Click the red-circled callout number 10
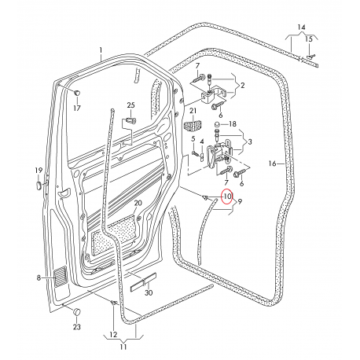click(227, 197)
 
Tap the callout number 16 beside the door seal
click(272, 163)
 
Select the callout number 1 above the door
click(101, 50)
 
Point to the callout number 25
click(131, 105)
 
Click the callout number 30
click(149, 292)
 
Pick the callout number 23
click(77, 327)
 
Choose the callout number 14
click(302, 27)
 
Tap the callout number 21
click(193, 111)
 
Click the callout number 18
click(233, 123)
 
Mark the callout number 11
click(123, 347)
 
